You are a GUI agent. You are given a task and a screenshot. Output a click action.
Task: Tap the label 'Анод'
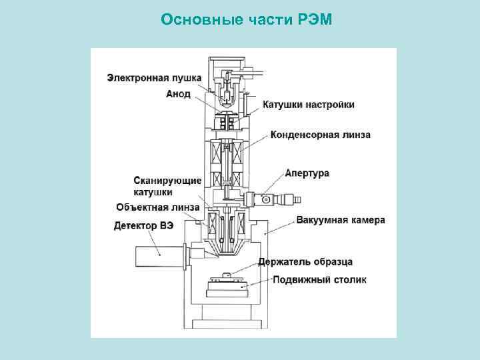tap(179, 94)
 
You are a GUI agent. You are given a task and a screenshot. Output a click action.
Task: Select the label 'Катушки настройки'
tap(308, 105)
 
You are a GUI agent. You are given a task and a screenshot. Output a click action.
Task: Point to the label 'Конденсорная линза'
tap(320, 135)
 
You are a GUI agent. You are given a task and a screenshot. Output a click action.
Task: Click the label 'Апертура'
tap(307, 173)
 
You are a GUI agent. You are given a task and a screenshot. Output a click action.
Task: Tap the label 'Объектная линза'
tap(157, 207)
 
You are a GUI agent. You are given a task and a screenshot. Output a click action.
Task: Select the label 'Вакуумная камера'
tap(340, 220)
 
